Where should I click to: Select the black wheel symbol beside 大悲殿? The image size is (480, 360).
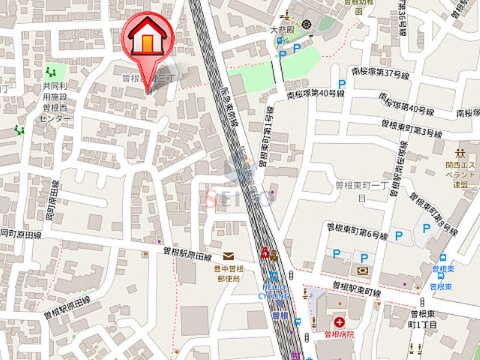tap(307, 25)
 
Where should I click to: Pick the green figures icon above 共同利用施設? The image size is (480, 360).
tap(51, 72)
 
